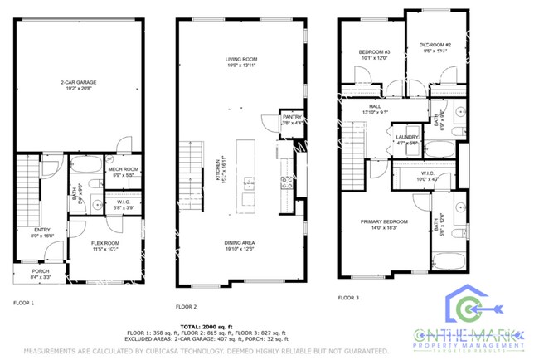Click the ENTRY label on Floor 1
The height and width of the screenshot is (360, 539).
41,232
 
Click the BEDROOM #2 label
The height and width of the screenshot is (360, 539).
435,46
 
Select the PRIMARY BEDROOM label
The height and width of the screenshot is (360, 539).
383,223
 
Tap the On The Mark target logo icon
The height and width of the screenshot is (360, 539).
470,309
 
